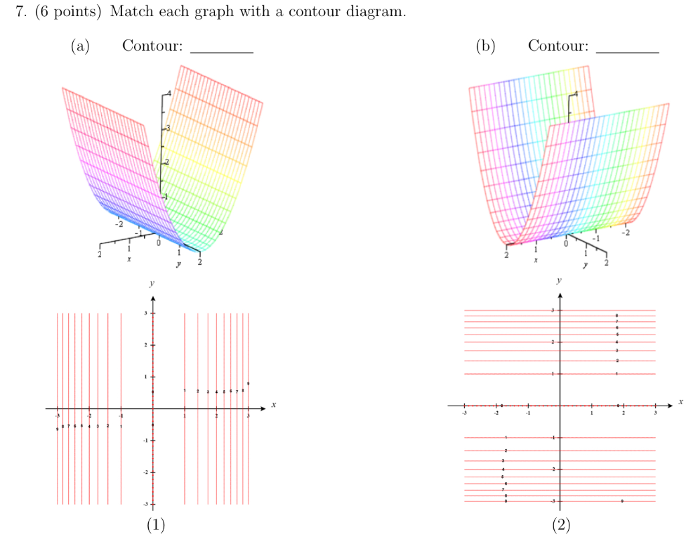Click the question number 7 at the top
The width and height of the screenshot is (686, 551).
coord(20,13)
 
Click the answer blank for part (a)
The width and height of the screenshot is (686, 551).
coord(222,48)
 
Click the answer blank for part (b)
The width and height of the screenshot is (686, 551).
coord(627,48)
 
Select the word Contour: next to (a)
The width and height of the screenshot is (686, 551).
coord(152,46)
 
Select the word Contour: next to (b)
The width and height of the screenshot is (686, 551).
coord(558,46)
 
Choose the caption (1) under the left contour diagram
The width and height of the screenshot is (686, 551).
coord(155,524)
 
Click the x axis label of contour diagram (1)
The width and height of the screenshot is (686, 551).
coord(273,405)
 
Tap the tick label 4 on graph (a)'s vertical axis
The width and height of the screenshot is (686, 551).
coord(169,94)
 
